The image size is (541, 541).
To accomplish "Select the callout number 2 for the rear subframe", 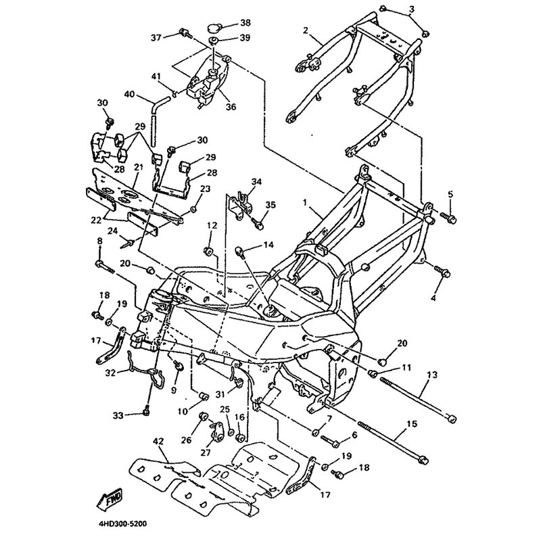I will [x=306, y=30].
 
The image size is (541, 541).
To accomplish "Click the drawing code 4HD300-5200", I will [x=118, y=523].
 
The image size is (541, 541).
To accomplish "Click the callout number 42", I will [x=159, y=442].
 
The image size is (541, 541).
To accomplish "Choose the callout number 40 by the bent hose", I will [x=129, y=94].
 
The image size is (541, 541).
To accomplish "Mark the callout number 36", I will [x=231, y=106].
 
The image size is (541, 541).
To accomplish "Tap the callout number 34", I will [x=256, y=182].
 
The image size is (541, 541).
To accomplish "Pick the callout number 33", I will [x=118, y=415].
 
